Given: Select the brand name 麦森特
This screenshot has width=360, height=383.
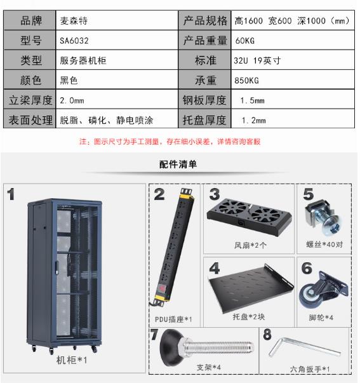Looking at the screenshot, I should (x=74, y=21).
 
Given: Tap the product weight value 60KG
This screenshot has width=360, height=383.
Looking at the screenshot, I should (x=245, y=41).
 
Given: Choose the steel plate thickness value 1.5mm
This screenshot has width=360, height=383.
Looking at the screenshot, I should (x=253, y=100).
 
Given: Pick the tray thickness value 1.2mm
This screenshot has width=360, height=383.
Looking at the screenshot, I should (x=253, y=120).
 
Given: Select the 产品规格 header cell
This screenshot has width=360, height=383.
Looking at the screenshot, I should (x=204, y=21).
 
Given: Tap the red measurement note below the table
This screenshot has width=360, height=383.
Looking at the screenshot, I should (x=170, y=142).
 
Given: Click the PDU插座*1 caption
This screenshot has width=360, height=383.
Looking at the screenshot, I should (x=173, y=318).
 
